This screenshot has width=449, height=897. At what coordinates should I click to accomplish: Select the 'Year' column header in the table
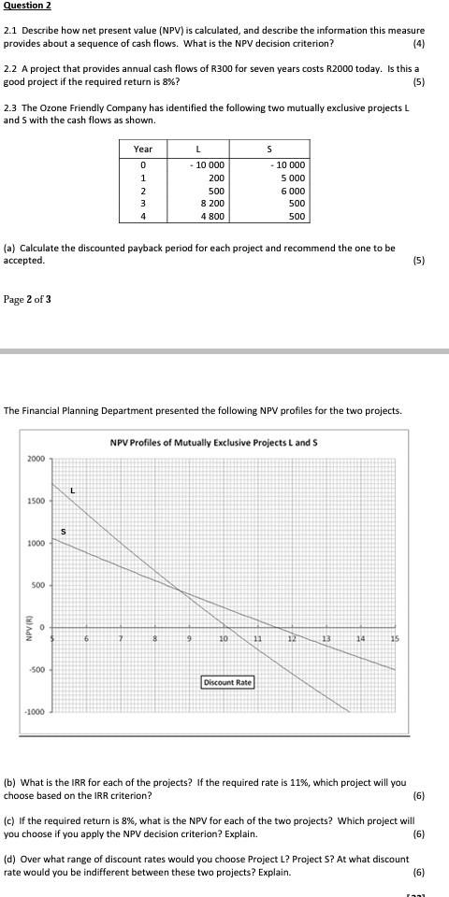click(x=143, y=149)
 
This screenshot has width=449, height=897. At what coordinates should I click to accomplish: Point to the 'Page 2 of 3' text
click(x=28, y=299)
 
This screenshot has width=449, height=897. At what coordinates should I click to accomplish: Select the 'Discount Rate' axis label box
click(x=227, y=682)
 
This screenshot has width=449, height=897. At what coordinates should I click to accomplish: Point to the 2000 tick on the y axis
click(x=35, y=459)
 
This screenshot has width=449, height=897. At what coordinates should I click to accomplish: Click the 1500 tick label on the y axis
click(x=35, y=502)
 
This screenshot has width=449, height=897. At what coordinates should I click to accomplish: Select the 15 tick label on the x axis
click(x=394, y=638)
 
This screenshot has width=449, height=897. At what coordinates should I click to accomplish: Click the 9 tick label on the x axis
click(x=189, y=638)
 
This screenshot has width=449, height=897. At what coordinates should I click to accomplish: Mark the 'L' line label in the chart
click(x=71, y=491)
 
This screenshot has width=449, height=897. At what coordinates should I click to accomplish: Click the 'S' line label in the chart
click(x=63, y=533)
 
